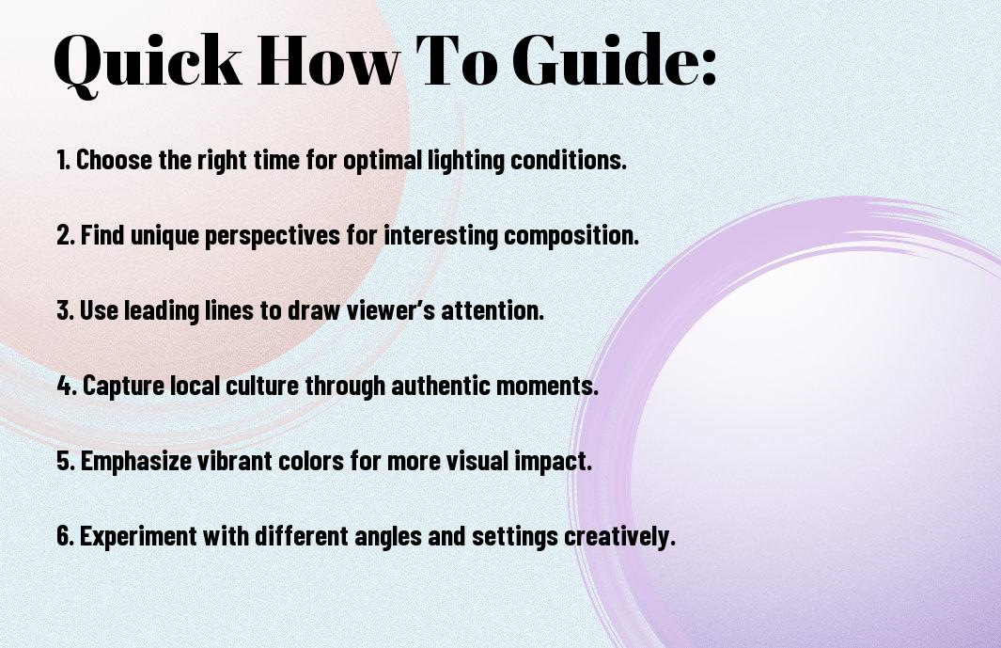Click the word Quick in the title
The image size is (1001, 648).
tap(147, 61)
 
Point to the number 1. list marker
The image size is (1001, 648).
tap(64, 160)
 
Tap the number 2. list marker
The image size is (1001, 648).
tap(66, 235)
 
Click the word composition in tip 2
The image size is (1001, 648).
tap(571, 235)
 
